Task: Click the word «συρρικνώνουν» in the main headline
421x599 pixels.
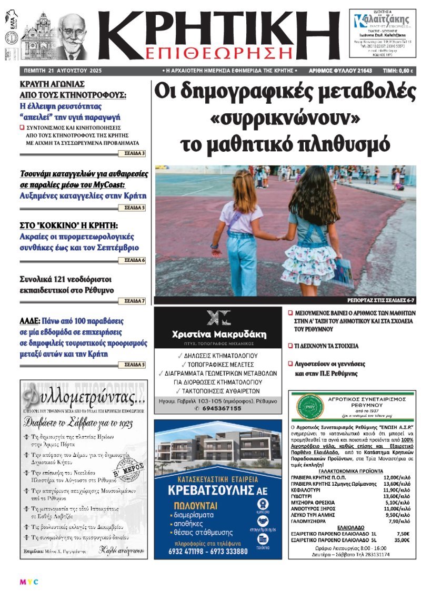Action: point(284,118)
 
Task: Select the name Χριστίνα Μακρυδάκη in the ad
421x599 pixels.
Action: point(219,334)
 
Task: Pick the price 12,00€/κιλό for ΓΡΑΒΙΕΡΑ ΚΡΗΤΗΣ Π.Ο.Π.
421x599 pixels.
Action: point(394,477)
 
